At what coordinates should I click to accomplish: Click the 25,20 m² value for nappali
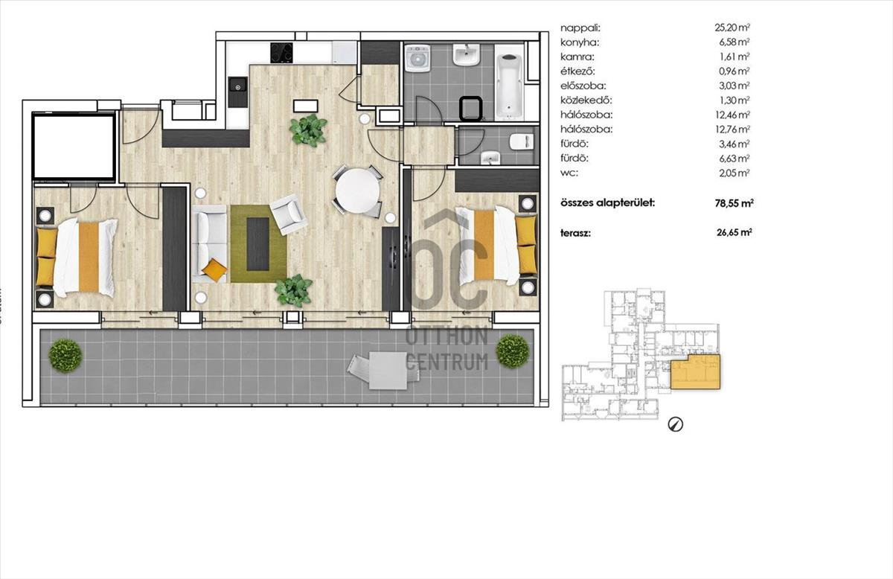point(732,28)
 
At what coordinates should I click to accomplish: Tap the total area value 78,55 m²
point(734,203)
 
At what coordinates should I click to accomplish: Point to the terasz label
point(575,233)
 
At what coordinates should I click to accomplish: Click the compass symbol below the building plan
point(676,424)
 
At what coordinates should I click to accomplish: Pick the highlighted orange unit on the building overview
point(696,371)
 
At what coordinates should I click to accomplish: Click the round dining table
point(357,191)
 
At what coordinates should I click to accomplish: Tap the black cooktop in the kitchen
point(281,53)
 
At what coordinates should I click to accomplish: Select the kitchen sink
point(238,92)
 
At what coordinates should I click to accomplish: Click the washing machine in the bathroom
point(417,58)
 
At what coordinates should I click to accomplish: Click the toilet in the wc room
point(522,141)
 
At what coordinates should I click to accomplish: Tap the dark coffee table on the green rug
point(257,243)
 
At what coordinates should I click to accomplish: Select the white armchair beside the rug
point(289,214)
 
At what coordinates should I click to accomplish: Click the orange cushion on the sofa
point(214,270)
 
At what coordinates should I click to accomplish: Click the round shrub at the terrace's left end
point(65,356)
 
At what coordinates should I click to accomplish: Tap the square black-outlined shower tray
point(471,109)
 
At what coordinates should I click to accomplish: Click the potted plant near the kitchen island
point(309,130)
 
